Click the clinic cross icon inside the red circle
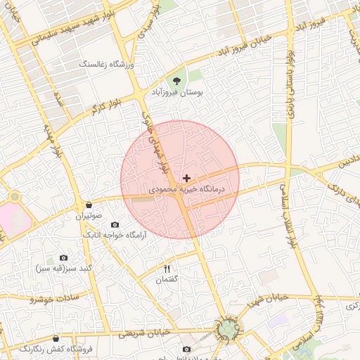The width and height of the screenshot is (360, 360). pyautogui.click(x=186, y=179)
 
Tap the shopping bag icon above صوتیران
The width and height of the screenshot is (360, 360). pyautogui.click(x=89, y=205)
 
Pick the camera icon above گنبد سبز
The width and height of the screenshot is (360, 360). pyautogui.click(x=64, y=258)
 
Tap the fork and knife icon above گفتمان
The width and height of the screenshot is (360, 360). pyautogui.click(x=167, y=269)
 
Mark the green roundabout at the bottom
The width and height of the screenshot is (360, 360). pyautogui.click(x=227, y=329)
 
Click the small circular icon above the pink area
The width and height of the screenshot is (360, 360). pyautogui.click(x=14, y=196)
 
